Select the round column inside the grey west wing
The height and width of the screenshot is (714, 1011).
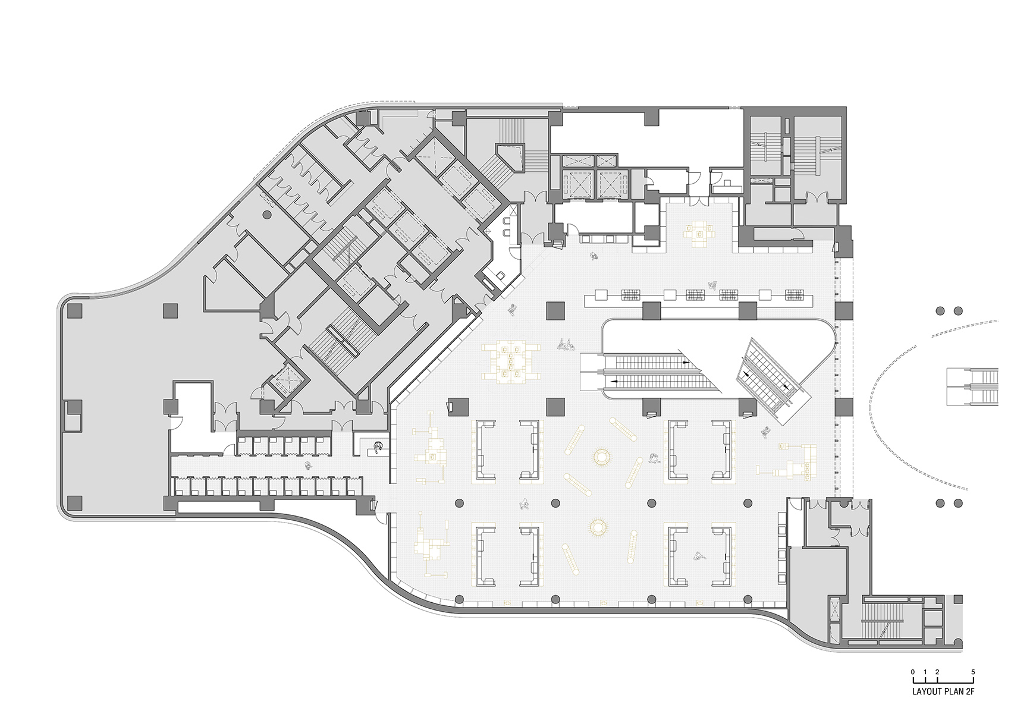coord(267,214)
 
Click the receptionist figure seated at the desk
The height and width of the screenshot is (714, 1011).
coord(378,446)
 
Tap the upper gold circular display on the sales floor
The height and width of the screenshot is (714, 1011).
coord(601,457)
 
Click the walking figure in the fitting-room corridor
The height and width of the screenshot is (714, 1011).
coord(307,466)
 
